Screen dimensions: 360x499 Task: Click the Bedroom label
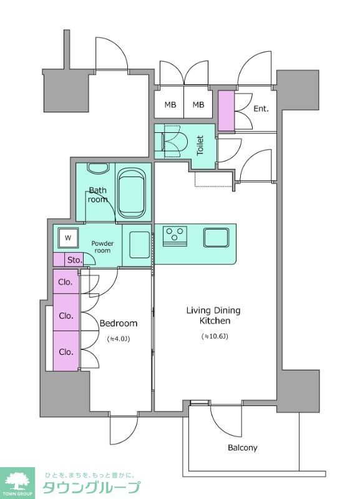tap(119, 323)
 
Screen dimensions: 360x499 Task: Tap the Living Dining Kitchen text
tap(213, 316)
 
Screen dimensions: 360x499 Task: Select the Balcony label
tap(243, 448)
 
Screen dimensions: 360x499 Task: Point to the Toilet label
tap(200, 145)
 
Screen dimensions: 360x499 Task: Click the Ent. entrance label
tap(261, 109)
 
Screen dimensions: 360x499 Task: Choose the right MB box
tap(198, 104)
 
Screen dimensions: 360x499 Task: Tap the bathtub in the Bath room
tap(132, 193)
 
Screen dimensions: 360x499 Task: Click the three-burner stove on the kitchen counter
tap(175, 236)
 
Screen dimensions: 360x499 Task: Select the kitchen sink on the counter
tap(216, 238)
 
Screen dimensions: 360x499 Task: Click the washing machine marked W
tap(68, 238)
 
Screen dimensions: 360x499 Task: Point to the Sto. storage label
tap(75, 260)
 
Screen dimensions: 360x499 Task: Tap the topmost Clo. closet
tap(66, 282)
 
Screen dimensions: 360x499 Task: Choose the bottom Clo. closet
tap(66, 351)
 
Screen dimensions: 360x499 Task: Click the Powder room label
tap(102, 247)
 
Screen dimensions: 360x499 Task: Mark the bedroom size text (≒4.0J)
tap(119, 339)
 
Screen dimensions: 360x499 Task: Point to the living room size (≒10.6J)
tap(215, 336)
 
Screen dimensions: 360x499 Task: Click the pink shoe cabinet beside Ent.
tap(226, 111)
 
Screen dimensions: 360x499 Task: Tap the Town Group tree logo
tap(17, 482)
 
